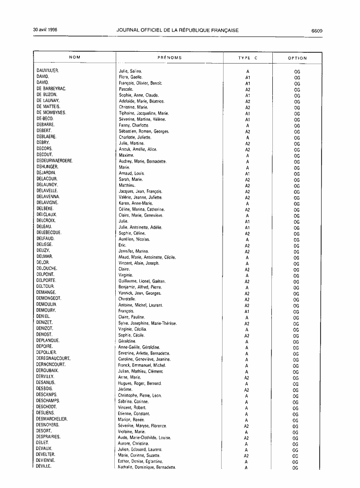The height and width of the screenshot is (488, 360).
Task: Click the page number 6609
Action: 317,31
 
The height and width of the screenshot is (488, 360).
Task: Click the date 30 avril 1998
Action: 45,30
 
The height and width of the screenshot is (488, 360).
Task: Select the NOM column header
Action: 75,58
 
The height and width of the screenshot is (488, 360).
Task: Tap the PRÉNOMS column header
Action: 169,58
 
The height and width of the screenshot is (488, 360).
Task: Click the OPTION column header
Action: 297,58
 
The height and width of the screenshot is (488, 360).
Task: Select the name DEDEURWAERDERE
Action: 55,161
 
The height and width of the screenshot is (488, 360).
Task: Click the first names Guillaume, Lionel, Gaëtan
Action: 142,281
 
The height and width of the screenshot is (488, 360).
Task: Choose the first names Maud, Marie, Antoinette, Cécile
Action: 147,257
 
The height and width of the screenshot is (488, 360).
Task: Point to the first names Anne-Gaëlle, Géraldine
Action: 139,347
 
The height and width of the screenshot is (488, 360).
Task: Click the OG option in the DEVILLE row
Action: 295,467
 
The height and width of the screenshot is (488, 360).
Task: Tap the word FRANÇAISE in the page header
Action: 223,31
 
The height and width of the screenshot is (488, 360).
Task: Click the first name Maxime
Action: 127,155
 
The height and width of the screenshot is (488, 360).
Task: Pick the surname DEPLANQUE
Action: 48,341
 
